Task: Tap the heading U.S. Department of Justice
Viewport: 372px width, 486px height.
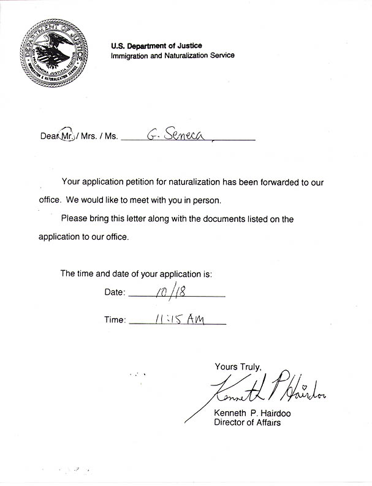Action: (156, 45)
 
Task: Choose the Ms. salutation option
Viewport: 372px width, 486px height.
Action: (110, 136)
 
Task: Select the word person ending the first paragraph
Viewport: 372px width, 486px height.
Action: (205, 200)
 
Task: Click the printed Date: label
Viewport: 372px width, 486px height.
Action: (115, 293)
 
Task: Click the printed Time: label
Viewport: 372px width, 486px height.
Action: (115, 319)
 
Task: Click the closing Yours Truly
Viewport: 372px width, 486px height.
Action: (238, 366)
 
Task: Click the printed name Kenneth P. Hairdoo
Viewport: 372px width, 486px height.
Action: (252, 413)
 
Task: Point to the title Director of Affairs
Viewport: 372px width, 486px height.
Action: (247, 422)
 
